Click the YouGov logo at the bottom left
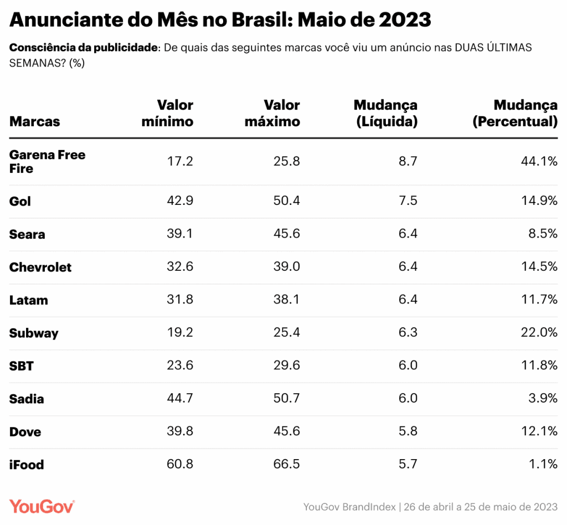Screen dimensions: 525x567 [42, 506]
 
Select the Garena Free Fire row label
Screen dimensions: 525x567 [47, 161]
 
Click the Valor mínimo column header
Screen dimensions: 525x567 [167, 113]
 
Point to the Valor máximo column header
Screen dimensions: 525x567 [272, 113]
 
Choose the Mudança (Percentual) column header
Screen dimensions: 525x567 [515, 113]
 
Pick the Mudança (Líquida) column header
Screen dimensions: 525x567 [385, 113]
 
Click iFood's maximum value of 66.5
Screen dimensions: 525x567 [287, 465]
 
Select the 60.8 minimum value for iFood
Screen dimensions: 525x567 [180, 465]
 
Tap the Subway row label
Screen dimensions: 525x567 [34, 333]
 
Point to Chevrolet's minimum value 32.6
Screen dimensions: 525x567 [180, 267]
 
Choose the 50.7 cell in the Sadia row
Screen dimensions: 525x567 [287, 399]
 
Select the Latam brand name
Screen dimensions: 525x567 [29, 300]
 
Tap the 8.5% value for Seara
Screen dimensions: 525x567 [543, 234]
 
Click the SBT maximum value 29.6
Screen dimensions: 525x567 [287, 366]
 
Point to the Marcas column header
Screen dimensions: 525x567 [34, 121]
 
